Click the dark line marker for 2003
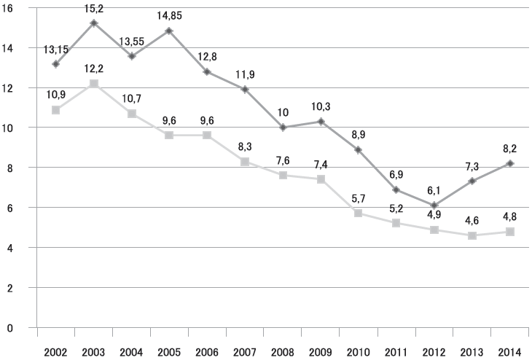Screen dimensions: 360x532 pos(94,23)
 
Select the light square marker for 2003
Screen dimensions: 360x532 pos(94,84)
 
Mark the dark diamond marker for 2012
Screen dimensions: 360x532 pos(434,206)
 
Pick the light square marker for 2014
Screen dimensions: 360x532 pos(510,232)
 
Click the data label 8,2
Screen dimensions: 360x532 pos(510,149)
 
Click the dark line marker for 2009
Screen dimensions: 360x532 pos(321,122)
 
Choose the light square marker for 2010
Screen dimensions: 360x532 pos(359,213)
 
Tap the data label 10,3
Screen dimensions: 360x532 pos(321,106)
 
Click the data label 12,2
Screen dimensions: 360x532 pos(94,69)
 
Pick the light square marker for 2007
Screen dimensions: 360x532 pos(245,162)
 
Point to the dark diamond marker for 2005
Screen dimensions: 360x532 pos(170,31)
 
